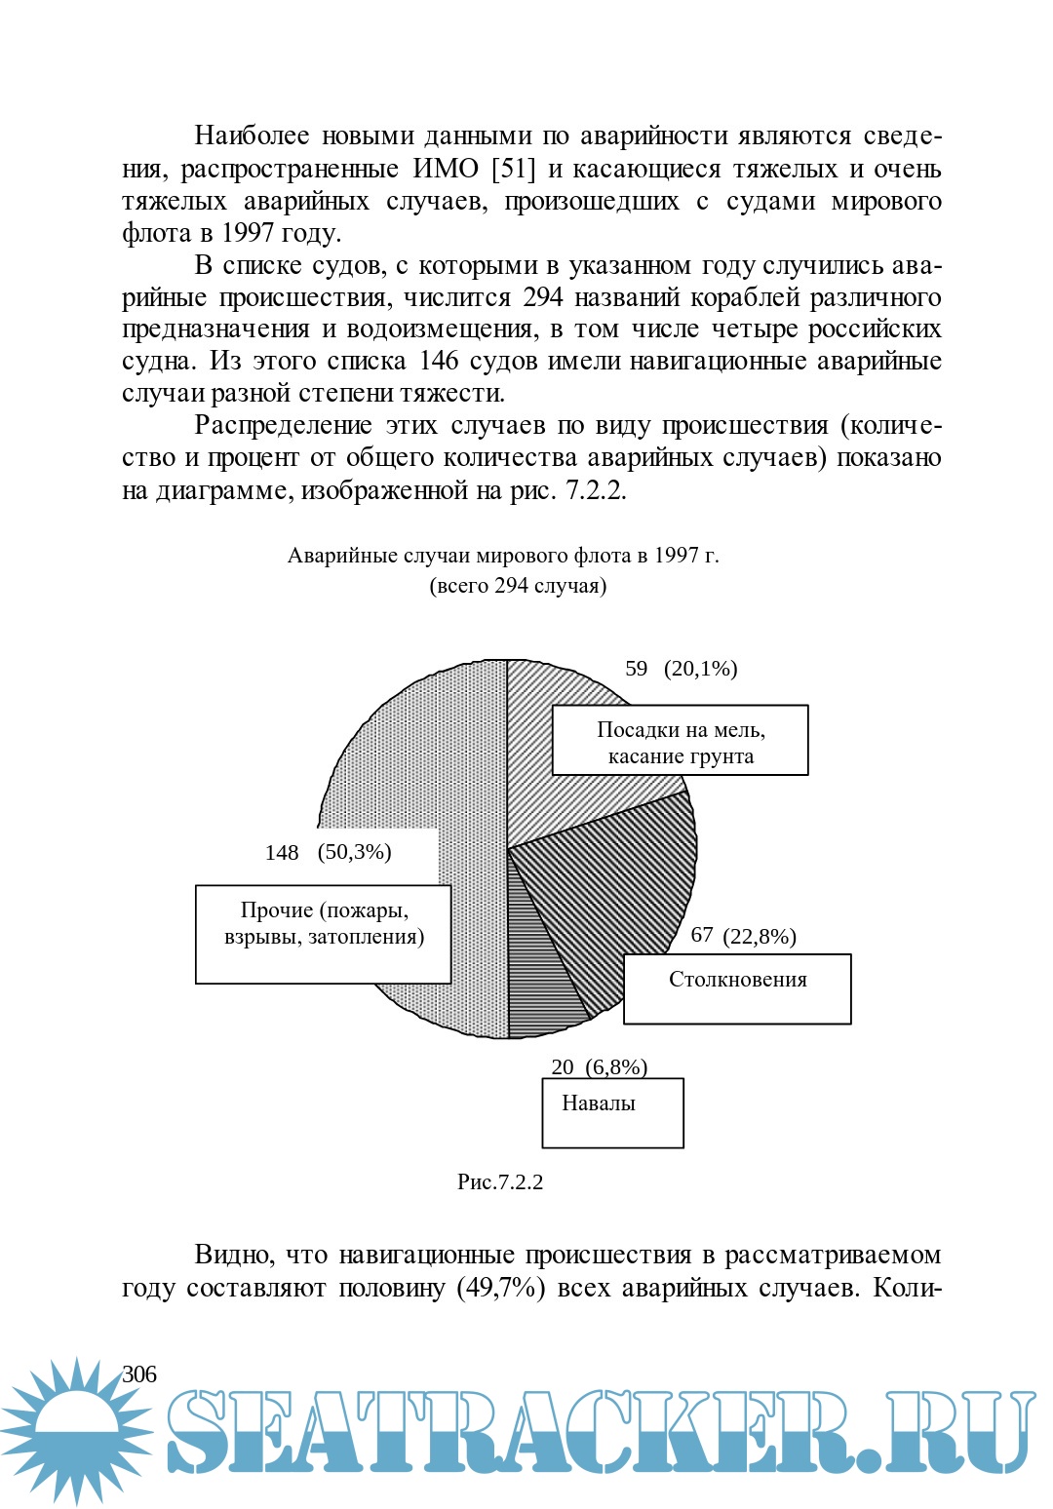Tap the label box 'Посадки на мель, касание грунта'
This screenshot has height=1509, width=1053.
click(680, 741)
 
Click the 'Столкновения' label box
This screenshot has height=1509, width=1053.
click(737, 988)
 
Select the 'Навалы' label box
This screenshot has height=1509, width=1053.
click(612, 1112)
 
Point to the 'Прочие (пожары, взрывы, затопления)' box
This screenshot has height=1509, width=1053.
click(323, 934)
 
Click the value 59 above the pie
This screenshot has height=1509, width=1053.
click(636, 669)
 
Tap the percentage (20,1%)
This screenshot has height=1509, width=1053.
click(700, 669)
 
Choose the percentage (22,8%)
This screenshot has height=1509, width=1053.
click(760, 937)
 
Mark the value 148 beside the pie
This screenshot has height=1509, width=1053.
click(282, 853)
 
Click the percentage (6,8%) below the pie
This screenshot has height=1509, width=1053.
click(616, 1067)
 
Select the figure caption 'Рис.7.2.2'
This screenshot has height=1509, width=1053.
click(500, 1182)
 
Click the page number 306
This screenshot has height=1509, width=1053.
click(139, 1374)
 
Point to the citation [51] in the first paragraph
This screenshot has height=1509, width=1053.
click(514, 169)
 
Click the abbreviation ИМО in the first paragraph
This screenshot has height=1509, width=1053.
click(446, 169)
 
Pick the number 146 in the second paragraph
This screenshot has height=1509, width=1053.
click(439, 361)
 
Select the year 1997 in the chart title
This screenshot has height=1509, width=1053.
click(676, 556)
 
